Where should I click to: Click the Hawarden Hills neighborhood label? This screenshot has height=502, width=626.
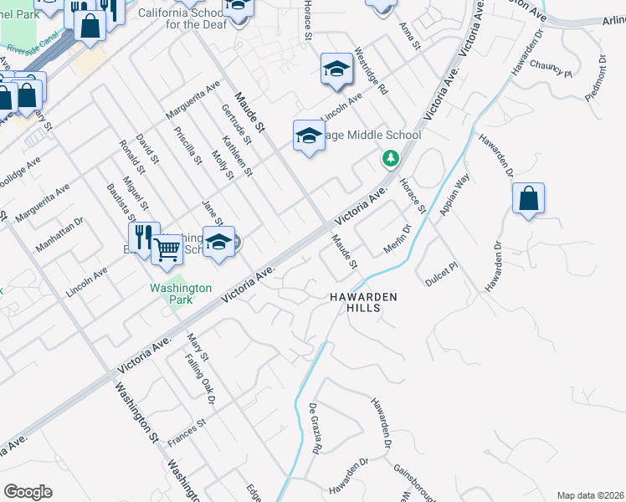click(x=362, y=302)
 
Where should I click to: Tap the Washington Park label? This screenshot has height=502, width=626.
click(x=180, y=294)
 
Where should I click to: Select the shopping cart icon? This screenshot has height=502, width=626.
click(x=167, y=248)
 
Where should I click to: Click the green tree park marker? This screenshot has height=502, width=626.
click(x=390, y=157)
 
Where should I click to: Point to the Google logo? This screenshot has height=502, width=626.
click(x=28, y=492)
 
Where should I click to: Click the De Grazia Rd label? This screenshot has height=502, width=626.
click(x=316, y=429)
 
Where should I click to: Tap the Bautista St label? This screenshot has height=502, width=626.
click(x=116, y=204)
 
